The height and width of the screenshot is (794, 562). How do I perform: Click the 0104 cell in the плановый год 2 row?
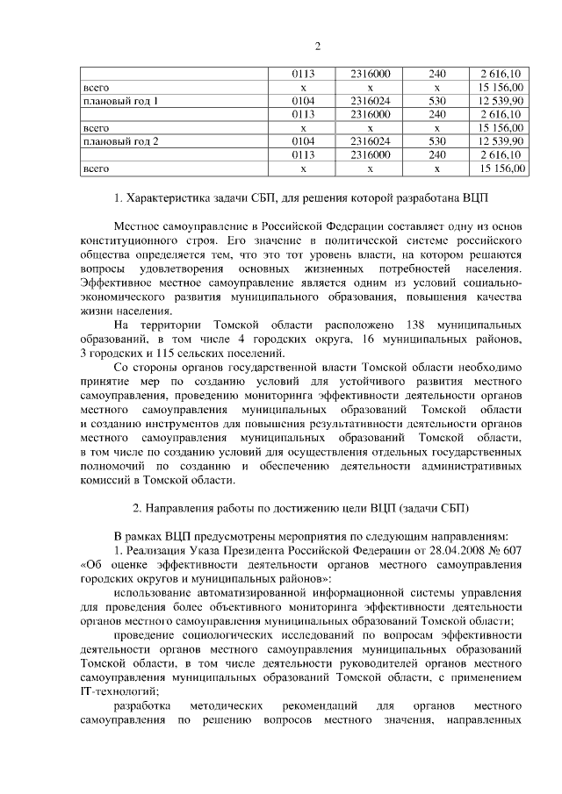coord(303,140)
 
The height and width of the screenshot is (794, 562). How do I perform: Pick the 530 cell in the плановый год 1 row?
coord(437,102)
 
